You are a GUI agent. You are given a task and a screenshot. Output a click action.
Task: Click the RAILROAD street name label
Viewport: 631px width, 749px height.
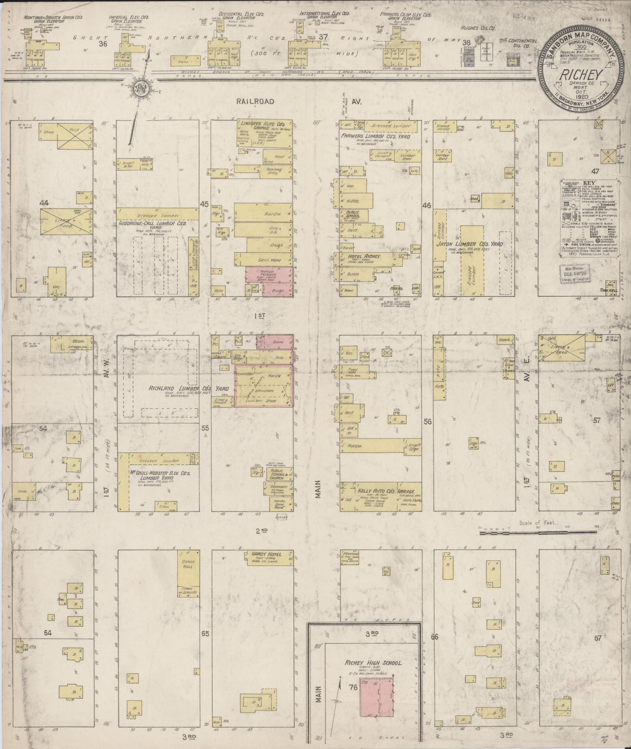[x=255, y=101]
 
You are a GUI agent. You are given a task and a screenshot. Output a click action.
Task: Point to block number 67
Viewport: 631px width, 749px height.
[x=598, y=638]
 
